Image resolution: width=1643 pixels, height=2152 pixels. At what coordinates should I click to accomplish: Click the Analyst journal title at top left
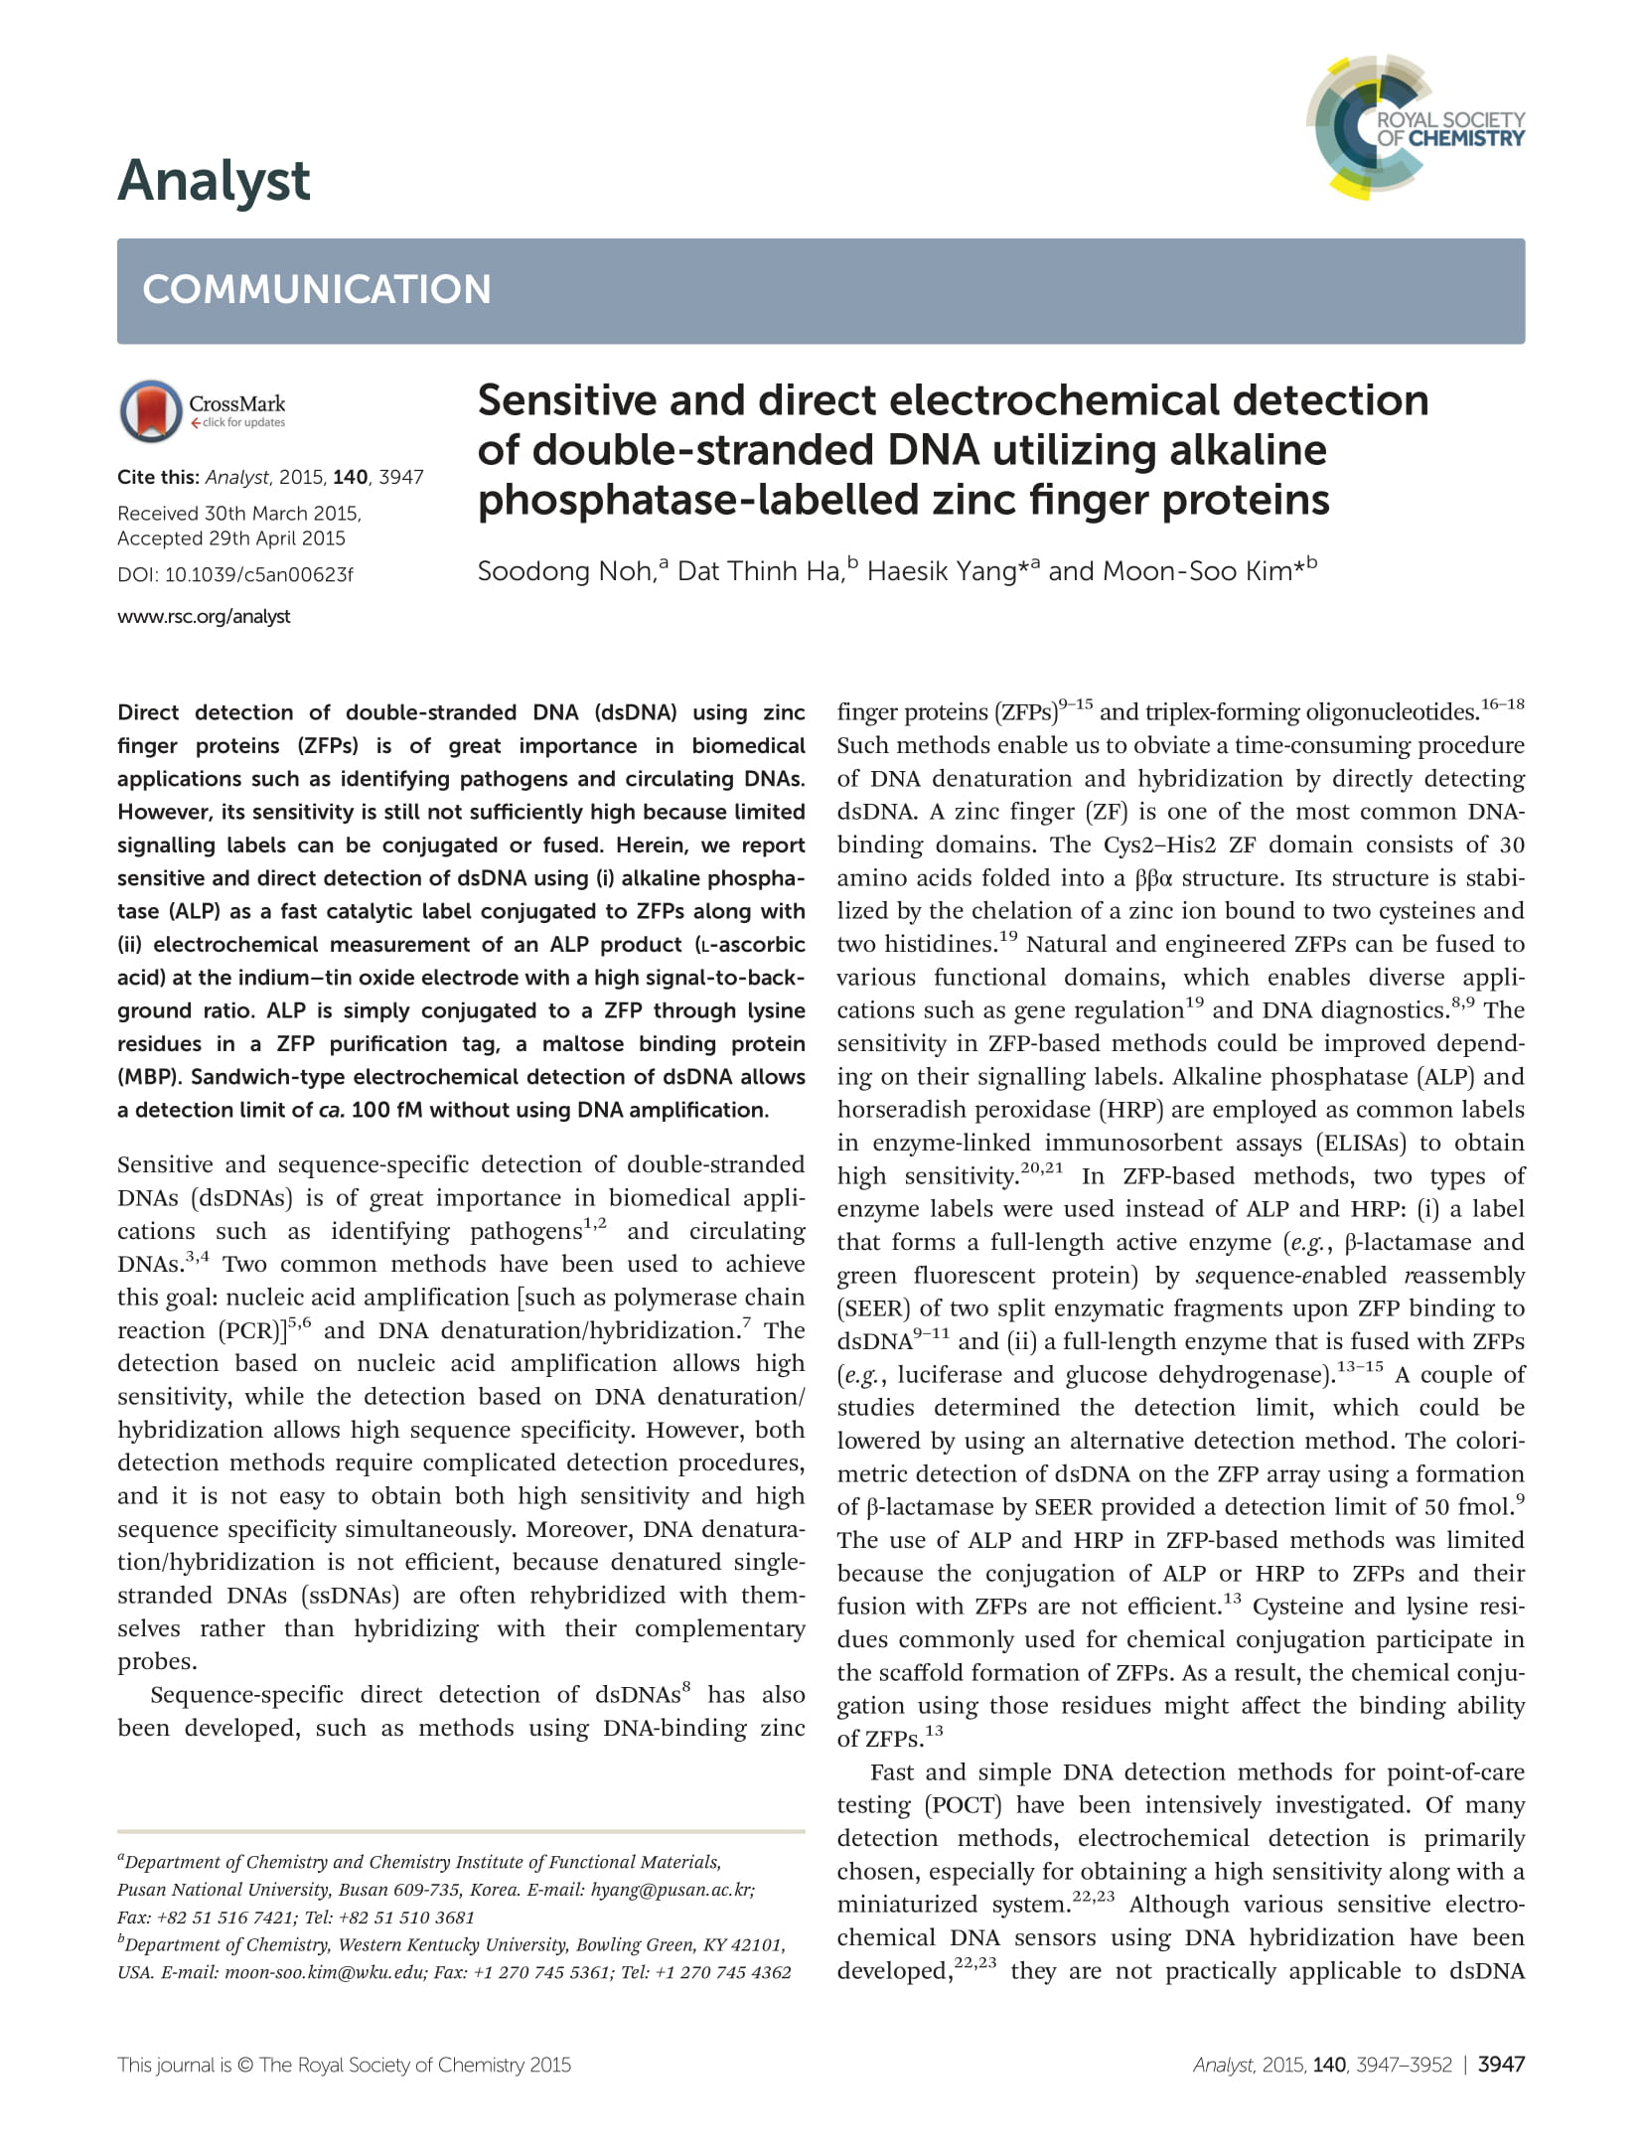click(214, 181)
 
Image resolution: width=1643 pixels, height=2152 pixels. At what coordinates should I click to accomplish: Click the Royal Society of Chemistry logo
click(1415, 127)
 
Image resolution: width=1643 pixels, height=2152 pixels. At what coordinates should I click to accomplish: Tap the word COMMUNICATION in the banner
click(317, 289)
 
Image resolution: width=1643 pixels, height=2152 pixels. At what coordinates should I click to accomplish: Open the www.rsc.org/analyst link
click(204, 616)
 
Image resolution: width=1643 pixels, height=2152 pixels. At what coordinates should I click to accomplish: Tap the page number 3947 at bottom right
click(1500, 2065)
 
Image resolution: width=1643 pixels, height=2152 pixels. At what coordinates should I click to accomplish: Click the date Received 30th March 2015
click(238, 513)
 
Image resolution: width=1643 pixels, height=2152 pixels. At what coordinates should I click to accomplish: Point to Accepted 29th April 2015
click(231, 538)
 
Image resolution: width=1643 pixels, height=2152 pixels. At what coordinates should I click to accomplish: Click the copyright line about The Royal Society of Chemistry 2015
click(344, 2065)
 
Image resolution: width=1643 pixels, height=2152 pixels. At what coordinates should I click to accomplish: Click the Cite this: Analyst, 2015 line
click(270, 477)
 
